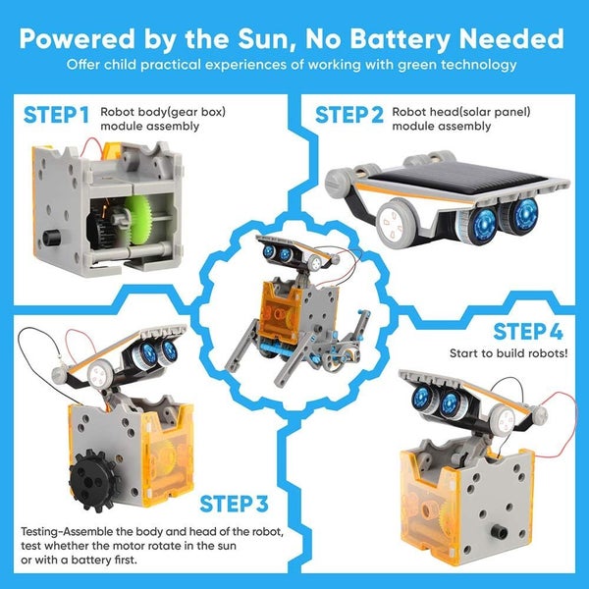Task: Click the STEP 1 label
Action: click(x=56, y=116)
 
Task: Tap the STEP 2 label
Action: click(x=349, y=116)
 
